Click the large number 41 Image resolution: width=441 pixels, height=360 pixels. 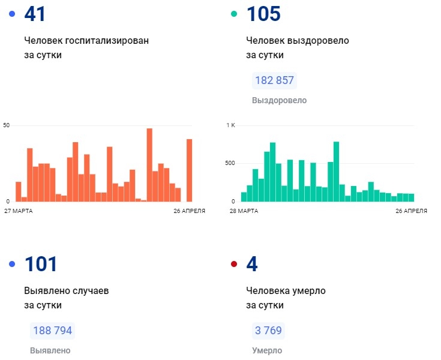(35, 14)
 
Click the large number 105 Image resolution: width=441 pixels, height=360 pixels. (263, 14)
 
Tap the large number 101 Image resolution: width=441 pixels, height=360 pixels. (40, 264)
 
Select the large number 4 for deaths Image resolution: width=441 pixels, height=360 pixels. (252, 264)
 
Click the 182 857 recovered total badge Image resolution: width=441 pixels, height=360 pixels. (275, 80)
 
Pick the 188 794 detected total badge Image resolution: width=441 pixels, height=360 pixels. (52, 331)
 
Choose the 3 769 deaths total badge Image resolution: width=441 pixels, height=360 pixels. (268, 331)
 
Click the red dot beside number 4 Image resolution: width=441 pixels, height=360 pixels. (235, 264)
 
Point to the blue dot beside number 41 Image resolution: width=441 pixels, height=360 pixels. (12, 14)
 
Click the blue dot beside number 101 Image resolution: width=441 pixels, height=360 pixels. (12, 264)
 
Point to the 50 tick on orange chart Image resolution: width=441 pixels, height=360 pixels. (7, 125)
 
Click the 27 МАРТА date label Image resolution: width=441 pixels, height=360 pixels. (19, 211)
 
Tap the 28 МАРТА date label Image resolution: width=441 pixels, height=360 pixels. (244, 211)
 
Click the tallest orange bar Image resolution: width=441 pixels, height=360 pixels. (149, 165)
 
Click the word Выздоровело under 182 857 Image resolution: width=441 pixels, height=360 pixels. (280, 100)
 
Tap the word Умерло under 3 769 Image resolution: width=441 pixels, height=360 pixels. (267, 350)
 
